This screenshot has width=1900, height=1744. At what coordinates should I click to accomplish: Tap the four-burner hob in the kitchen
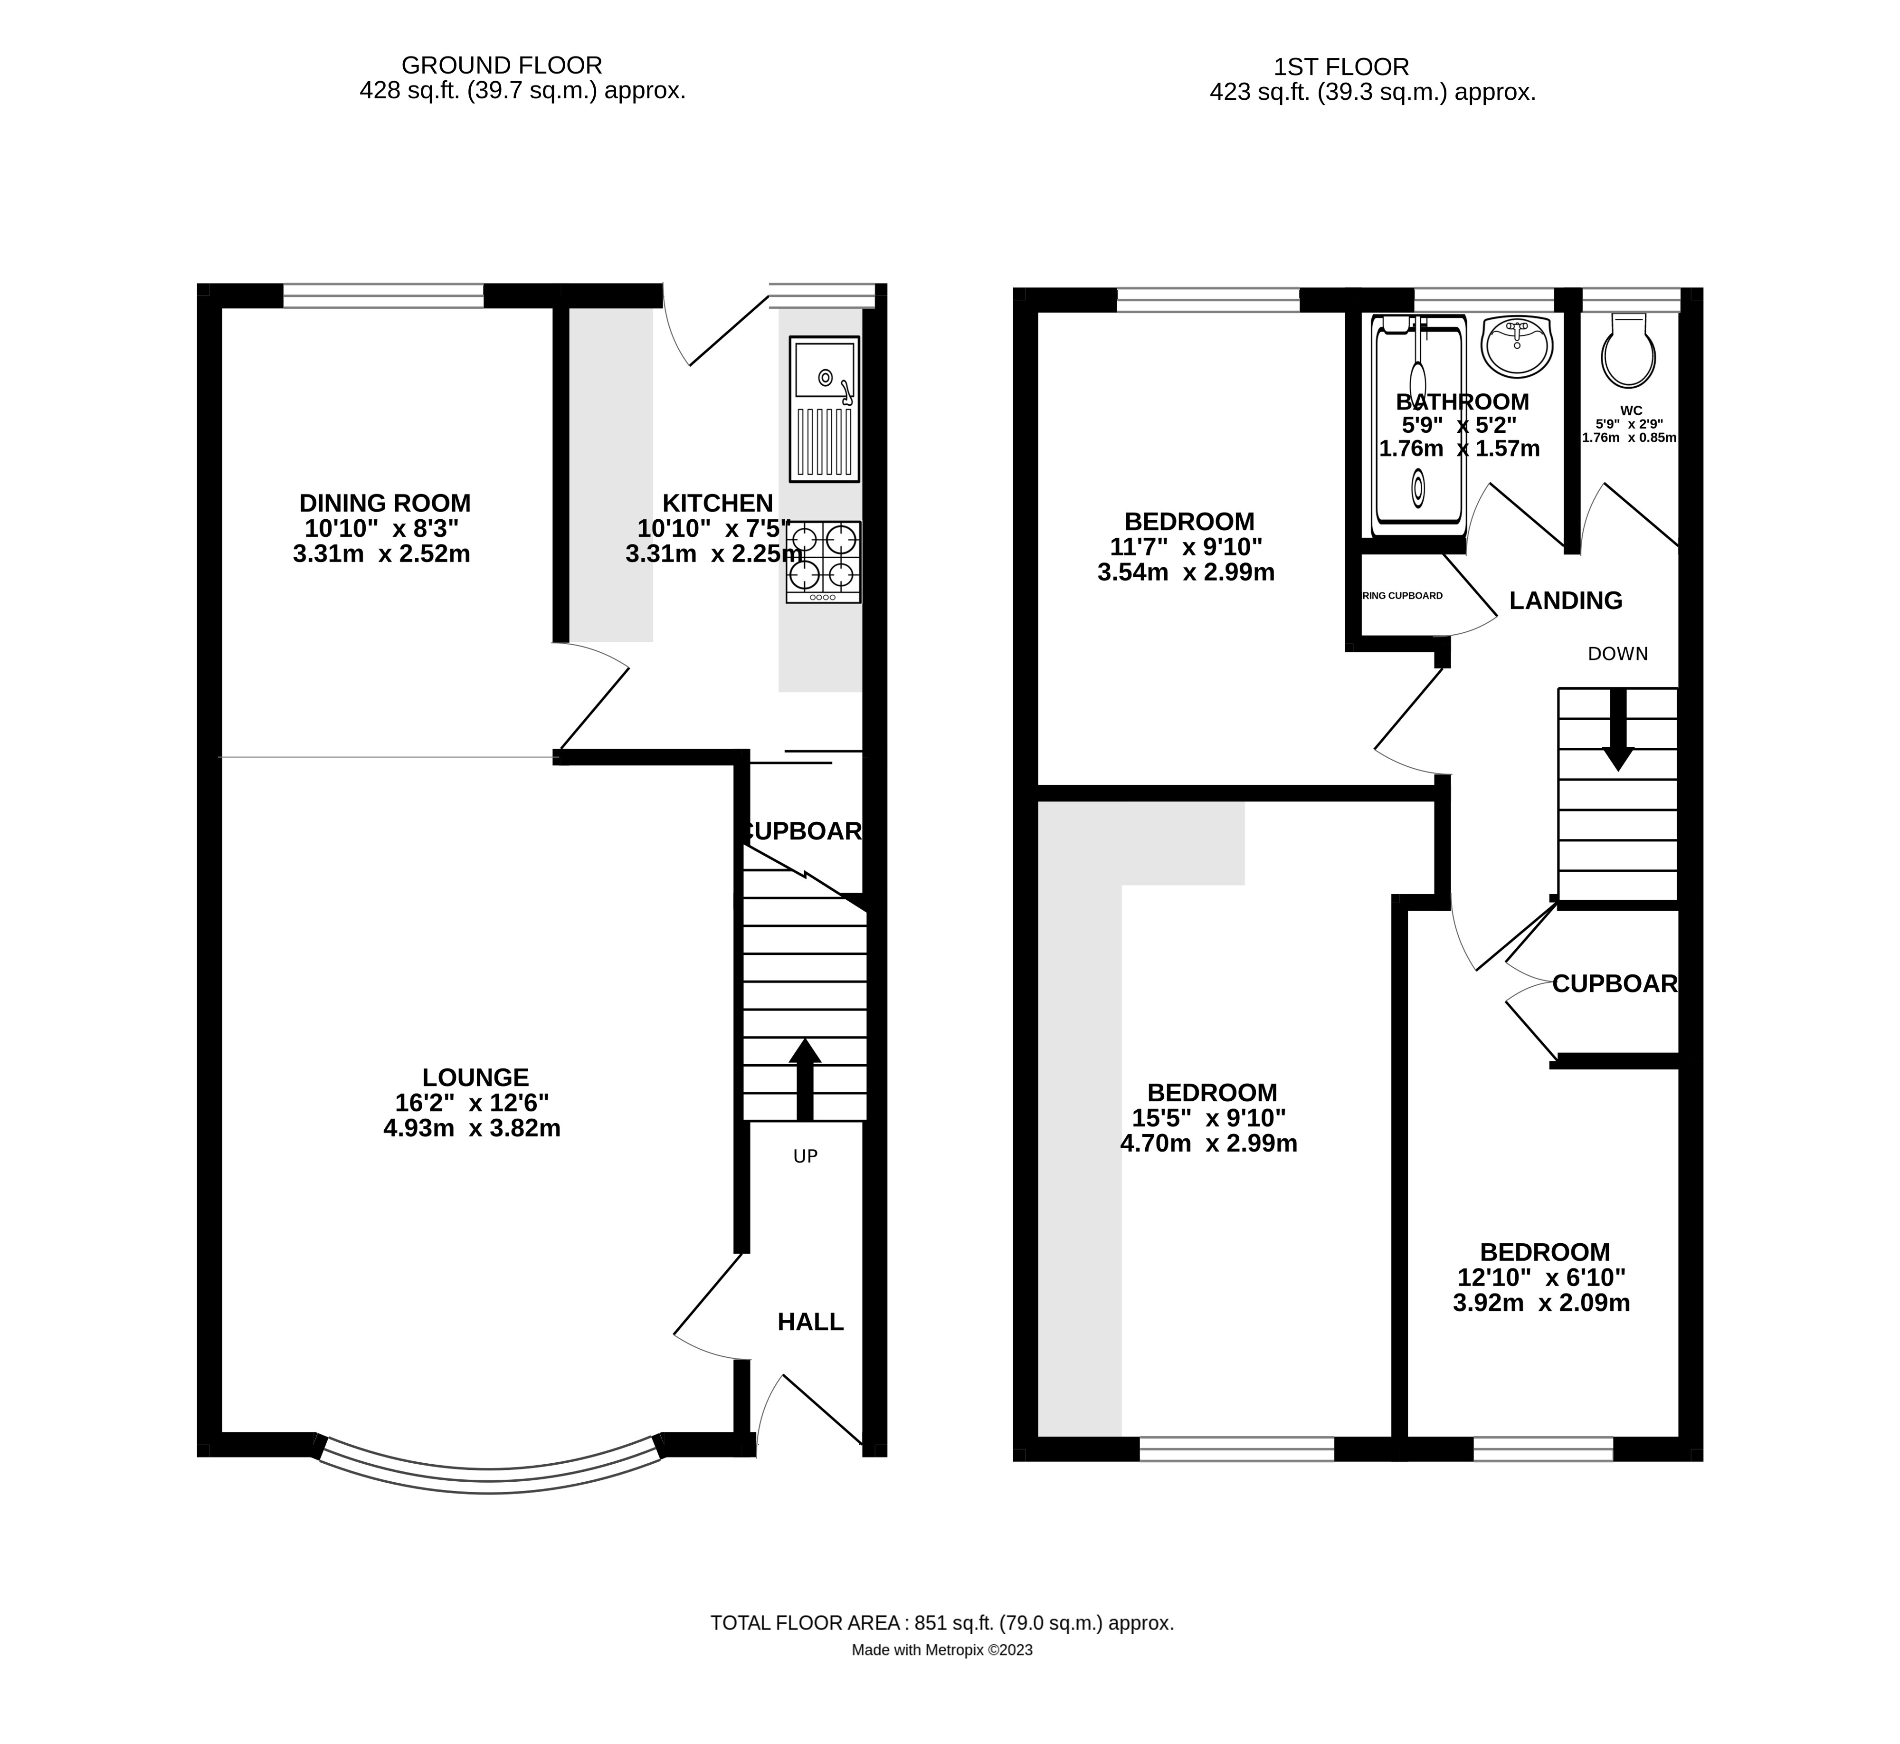click(824, 562)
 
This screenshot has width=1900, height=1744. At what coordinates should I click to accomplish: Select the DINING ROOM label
click(384, 503)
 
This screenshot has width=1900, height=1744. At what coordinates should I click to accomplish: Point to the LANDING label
click(1565, 600)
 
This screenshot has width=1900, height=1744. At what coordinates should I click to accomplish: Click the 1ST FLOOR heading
click(1340, 67)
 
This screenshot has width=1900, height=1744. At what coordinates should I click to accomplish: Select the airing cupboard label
click(1403, 595)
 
